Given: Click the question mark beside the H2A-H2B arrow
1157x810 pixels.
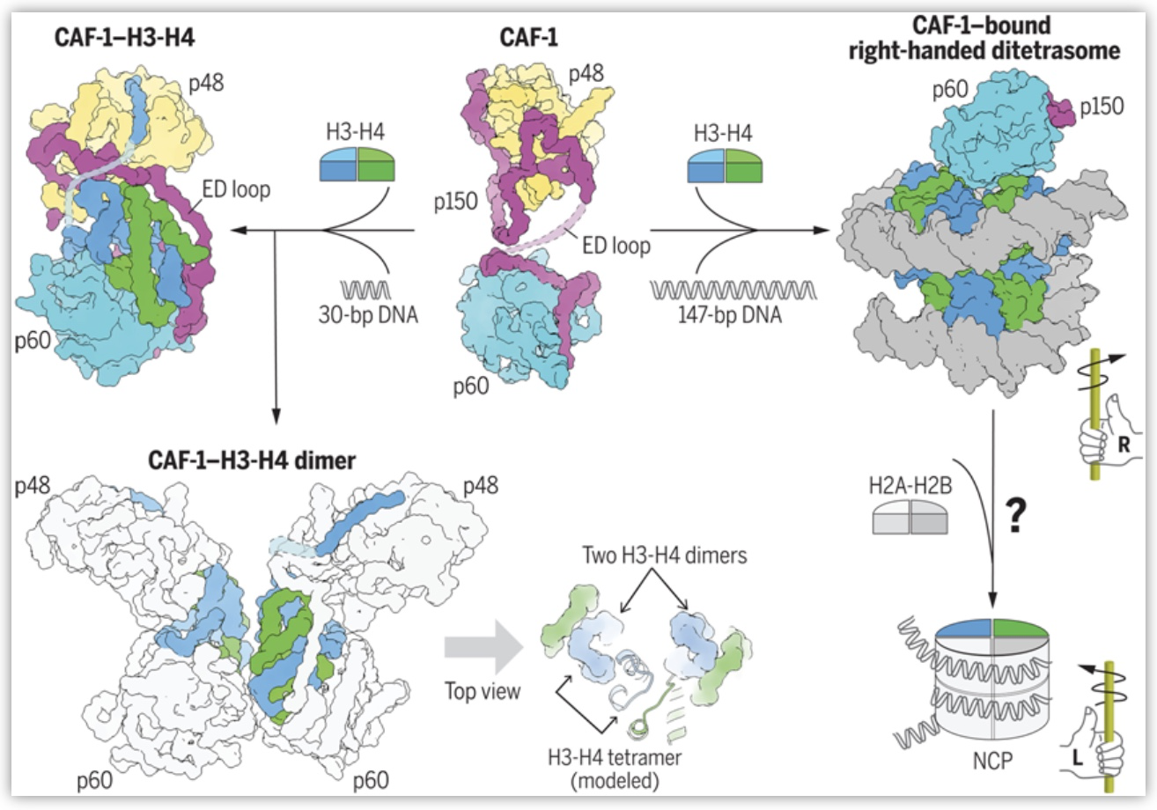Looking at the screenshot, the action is (1016, 516).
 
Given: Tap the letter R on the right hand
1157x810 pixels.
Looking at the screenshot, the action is (1124, 445).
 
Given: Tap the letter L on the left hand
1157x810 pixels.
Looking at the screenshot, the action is (1077, 758).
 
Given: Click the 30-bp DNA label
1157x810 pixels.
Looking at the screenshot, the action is (368, 314).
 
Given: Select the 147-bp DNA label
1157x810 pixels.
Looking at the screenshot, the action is (729, 314).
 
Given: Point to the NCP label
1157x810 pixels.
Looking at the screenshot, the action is (992, 761).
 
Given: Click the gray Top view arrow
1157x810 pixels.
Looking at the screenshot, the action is (484, 648).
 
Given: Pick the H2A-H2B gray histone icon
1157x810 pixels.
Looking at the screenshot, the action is (910, 518).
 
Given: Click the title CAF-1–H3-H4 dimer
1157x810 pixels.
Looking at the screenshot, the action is (252, 460).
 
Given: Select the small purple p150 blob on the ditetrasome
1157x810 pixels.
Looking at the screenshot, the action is (1060, 109).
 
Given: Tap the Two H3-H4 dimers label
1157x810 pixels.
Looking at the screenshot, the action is (665, 556).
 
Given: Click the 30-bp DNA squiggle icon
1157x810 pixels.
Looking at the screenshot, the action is (365, 290).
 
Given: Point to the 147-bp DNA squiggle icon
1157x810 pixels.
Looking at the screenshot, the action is (733, 290).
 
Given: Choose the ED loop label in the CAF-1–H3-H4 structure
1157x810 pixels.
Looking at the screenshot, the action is (236, 189).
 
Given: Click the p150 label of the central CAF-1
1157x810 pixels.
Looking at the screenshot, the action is (455, 202).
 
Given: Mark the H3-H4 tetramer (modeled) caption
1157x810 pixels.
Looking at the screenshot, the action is (615, 769).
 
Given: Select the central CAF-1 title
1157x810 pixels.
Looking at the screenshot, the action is (528, 38).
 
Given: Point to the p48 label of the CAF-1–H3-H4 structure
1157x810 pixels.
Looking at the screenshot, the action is (206, 83).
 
